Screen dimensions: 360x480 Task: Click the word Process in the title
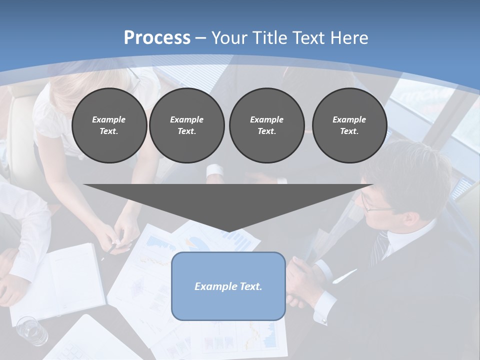157,38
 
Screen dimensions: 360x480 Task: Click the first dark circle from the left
109,125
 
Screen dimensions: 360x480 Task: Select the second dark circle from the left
186,125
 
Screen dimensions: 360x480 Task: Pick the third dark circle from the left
266,125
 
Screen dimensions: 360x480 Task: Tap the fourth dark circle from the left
349,125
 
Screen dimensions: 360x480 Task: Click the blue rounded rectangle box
228,286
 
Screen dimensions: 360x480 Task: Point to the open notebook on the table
65,282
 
